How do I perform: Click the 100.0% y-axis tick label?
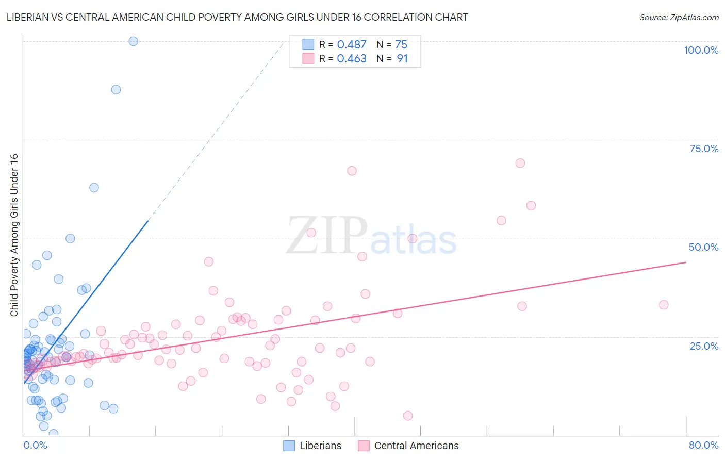click(x=701, y=50)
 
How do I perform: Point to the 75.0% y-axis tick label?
click(x=704, y=149)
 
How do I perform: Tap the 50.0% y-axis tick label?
click(x=703, y=247)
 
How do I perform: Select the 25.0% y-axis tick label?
click(x=704, y=346)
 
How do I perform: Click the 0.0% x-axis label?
click(x=35, y=445)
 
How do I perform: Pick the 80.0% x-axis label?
click(x=703, y=445)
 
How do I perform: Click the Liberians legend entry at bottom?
click(x=312, y=446)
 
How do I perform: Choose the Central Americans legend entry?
click(x=408, y=446)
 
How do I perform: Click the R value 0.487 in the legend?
click(x=352, y=45)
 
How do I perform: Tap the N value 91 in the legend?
click(x=402, y=59)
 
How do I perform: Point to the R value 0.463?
click(x=352, y=59)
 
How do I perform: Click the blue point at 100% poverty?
click(x=133, y=41)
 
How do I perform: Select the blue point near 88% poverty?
click(x=116, y=90)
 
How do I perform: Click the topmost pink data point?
click(x=520, y=163)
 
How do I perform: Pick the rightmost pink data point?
click(x=664, y=305)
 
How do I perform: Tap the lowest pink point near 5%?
click(x=408, y=416)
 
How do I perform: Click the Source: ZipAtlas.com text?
click(x=679, y=18)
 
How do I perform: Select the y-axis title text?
click(x=14, y=235)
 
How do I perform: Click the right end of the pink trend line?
click(x=686, y=262)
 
